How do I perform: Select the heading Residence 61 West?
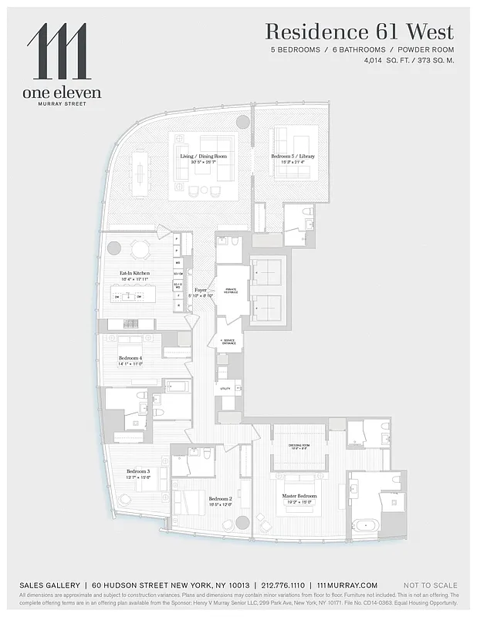pyautogui.click(x=360, y=32)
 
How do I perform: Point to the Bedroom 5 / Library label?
pyautogui.click(x=293, y=157)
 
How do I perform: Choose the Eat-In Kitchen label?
pyautogui.click(x=134, y=274)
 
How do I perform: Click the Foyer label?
pyautogui.click(x=201, y=290)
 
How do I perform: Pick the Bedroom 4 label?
pyautogui.click(x=130, y=359)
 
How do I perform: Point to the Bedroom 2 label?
pyautogui.click(x=220, y=499)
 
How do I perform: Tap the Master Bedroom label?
pyautogui.click(x=299, y=496)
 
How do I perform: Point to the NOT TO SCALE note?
pyautogui.click(x=431, y=586)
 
